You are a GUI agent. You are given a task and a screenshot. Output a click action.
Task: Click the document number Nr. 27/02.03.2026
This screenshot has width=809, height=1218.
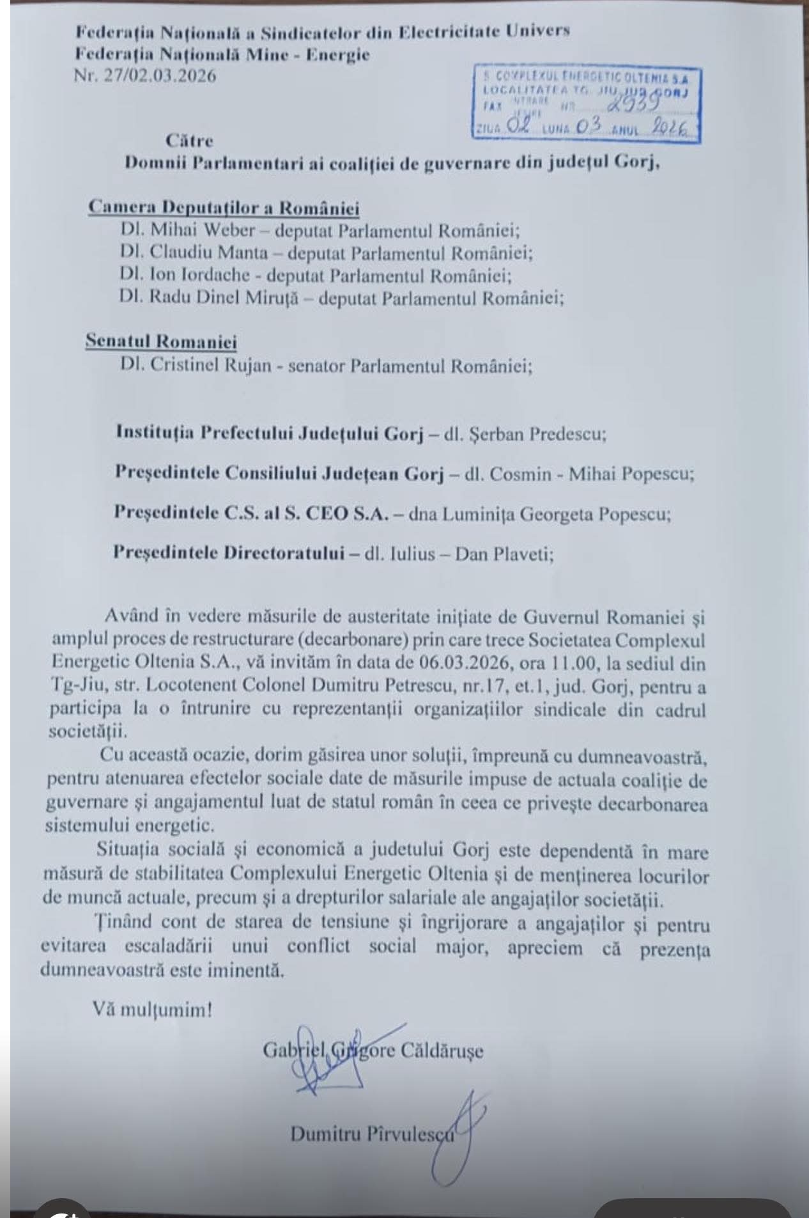tap(146, 75)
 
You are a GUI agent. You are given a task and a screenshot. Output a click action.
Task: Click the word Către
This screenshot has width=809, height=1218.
tap(189, 140)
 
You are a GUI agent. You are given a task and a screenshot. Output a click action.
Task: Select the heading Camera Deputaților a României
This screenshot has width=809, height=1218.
tap(224, 208)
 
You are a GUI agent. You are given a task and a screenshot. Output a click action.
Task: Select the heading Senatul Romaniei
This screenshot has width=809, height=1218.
tap(162, 342)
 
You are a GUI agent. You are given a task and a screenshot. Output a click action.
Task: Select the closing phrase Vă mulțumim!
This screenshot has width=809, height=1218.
tap(152, 1010)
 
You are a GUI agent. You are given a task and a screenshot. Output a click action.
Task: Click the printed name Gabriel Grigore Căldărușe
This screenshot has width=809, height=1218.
tap(373, 1050)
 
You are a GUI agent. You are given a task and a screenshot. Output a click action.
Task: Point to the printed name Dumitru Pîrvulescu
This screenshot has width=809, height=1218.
tap(372, 1134)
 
